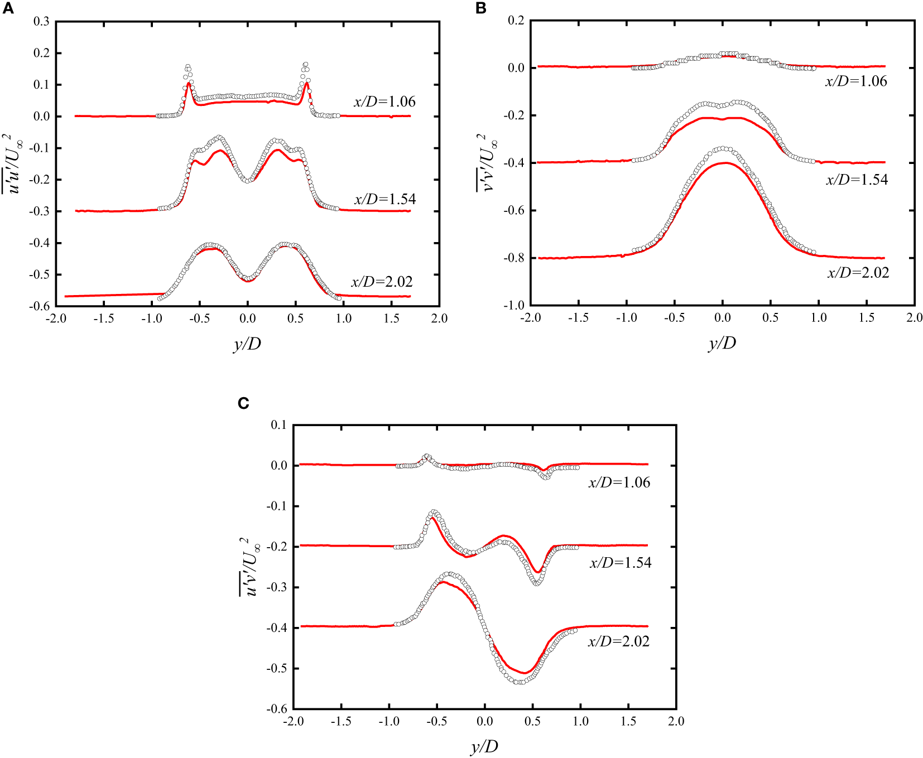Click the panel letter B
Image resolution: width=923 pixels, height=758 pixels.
pyautogui.click(x=480, y=8)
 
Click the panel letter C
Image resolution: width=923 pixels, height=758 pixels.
pyautogui.click(x=243, y=403)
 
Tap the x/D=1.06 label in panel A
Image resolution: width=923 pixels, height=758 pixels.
pyautogui.click(x=384, y=102)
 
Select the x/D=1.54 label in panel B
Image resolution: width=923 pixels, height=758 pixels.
pyautogui.click(x=857, y=180)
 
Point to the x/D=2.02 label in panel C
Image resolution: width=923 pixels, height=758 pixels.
pyautogui.click(x=619, y=641)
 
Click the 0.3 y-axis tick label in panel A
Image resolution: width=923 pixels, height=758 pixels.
pyautogui.click(x=41, y=22)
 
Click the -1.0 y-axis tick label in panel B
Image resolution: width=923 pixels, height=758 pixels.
pyautogui.click(x=513, y=306)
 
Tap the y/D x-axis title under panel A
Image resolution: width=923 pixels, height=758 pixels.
pyautogui.click(x=247, y=344)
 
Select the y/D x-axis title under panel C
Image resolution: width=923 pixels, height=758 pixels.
pyautogui.click(x=484, y=746)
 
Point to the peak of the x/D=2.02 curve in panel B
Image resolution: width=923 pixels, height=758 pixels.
pyautogui.click(x=723, y=148)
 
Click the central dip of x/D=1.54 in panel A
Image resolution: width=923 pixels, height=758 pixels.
pyautogui.click(x=247, y=181)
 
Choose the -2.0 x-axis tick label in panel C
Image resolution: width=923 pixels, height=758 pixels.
pyautogui.click(x=293, y=721)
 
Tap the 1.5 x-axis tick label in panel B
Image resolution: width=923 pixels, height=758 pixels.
pyautogui.click(x=866, y=318)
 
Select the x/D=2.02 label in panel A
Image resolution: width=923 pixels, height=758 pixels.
pyautogui.click(x=382, y=282)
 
